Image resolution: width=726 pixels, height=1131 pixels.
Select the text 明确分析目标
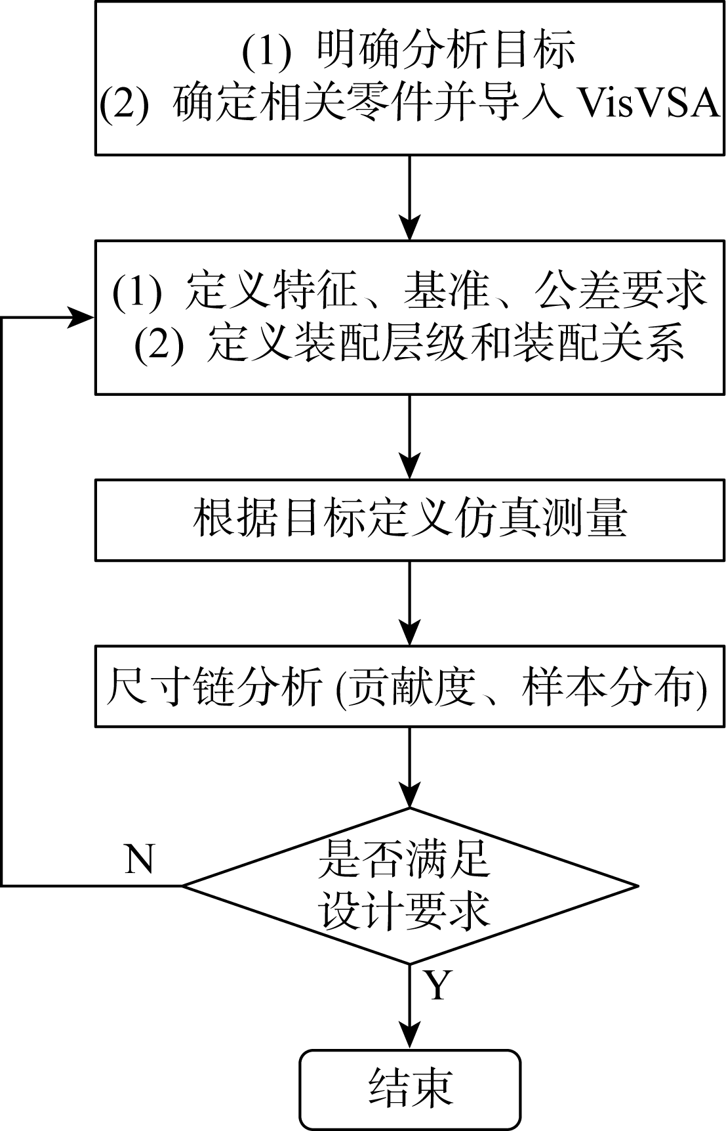point(446,49)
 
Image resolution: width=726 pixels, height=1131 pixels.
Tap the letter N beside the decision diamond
point(139,858)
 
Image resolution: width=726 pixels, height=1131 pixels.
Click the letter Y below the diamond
point(437,985)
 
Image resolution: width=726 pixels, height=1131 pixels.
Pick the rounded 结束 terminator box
point(410,1088)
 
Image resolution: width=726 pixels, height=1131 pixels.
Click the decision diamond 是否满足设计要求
point(410,886)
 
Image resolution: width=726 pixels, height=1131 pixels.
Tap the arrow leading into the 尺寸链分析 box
point(410,604)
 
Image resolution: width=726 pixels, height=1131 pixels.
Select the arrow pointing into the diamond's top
point(410,768)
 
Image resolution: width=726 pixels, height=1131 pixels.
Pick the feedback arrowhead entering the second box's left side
point(82,318)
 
